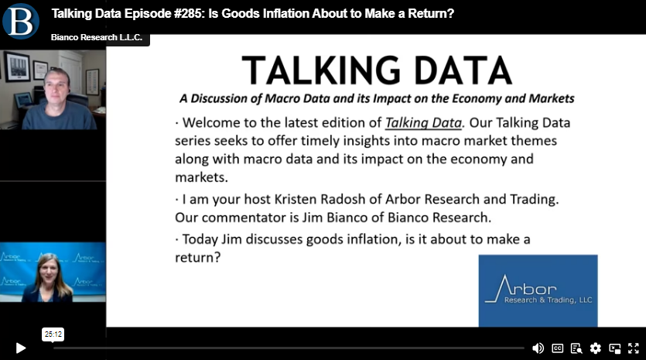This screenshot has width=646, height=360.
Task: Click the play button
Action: [x=21, y=348]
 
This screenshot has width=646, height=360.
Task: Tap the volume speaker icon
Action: [x=538, y=348]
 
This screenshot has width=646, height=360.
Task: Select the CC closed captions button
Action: [x=558, y=348]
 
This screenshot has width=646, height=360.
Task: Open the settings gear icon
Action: [x=595, y=348]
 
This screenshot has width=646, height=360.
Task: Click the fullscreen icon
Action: [x=633, y=348]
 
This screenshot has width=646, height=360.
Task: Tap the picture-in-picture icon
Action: [x=615, y=348]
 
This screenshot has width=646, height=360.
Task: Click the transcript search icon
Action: [x=576, y=348]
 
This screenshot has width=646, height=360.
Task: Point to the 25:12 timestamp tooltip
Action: [x=53, y=334]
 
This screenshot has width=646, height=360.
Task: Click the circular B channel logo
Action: [x=21, y=21]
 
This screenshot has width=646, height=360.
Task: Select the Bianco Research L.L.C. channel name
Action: [x=97, y=37]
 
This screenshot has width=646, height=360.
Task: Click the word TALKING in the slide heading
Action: [x=321, y=70]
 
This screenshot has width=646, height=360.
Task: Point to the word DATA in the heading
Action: [x=463, y=70]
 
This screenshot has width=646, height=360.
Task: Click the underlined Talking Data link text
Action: [x=423, y=122]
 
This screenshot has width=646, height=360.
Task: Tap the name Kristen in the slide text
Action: [x=296, y=199]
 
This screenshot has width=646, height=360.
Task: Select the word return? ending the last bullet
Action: [x=198, y=257]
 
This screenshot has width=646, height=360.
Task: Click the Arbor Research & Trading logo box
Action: [x=538, y=291]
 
